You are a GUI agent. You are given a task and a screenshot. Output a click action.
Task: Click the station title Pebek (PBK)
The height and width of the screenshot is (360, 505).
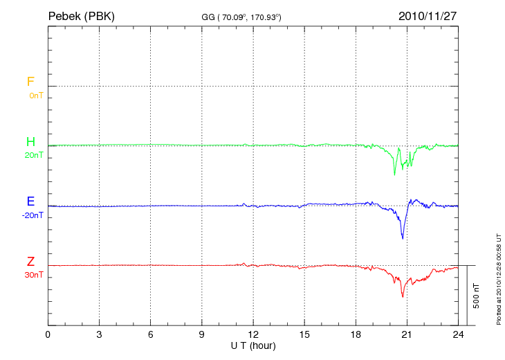click(x=81, y=15)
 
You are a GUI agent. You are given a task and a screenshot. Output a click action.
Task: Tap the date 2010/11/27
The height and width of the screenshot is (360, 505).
click(x=427, y=15)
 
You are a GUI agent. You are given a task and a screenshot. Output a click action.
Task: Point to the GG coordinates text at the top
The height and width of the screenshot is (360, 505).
click(x=241, y=16)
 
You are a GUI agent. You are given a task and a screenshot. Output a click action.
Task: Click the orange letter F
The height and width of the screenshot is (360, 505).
click(x=30, y=82)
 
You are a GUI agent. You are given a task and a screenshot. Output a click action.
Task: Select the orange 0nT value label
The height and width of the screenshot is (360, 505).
click(x=35, y=95)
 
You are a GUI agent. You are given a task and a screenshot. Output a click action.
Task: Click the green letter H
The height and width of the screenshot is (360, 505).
click(x=30, y=142)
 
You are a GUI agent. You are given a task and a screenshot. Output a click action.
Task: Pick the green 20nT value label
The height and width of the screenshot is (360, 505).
click(x=34, y=155)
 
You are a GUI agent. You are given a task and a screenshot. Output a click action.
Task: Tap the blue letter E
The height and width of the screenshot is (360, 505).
click(x=30, y=202)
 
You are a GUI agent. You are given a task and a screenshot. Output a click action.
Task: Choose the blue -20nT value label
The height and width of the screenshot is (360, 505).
click(x=33, y=215)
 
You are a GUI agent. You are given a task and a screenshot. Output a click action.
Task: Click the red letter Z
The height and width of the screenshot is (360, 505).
click(x=30, y=262)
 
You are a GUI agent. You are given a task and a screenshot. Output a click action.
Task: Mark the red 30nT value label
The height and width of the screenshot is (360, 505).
click(x=34, y=275)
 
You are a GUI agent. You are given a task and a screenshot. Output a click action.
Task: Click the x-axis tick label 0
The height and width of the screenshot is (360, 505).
click(x=48, y=334)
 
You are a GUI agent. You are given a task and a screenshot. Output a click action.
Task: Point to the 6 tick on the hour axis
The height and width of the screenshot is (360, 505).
click(x=151, y=334)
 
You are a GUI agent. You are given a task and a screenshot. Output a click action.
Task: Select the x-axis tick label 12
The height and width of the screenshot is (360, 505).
click(x=253, y=334)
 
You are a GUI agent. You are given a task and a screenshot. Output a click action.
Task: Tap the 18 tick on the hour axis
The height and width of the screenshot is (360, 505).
click(x=356, y=334)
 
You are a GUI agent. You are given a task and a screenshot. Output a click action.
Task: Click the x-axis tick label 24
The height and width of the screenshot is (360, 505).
click(x=458, y=334)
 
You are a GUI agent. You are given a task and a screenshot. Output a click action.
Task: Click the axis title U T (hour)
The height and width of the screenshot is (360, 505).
click(x=253, y=345)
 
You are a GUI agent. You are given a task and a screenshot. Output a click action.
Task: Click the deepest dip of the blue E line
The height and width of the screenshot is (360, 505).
click(x=403, y=238)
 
